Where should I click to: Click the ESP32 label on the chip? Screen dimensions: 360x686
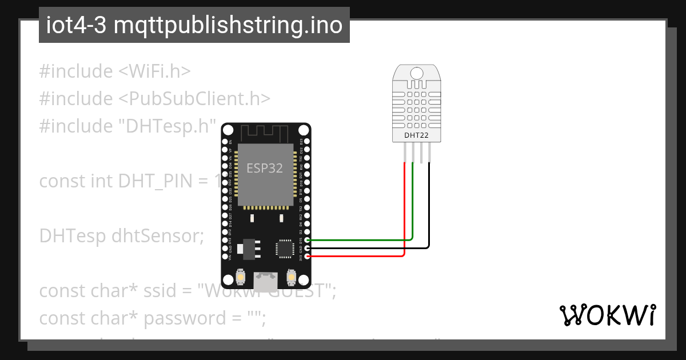coord(265,168)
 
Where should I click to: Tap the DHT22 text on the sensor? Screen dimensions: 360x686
coord(416,136)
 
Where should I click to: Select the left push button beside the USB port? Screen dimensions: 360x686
coord(241,278)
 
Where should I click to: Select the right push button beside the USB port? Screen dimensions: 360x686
coord(291,278)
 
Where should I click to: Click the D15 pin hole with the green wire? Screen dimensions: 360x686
coord(308,241)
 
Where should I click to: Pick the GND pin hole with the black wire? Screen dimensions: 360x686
coord(308,249)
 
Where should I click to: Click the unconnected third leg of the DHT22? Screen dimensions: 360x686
coord(420,153)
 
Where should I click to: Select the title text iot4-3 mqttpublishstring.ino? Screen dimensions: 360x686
coord(194,25)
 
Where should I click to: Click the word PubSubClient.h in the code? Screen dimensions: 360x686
coord(194,98)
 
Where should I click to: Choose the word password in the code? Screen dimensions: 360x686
coord(177,318)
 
